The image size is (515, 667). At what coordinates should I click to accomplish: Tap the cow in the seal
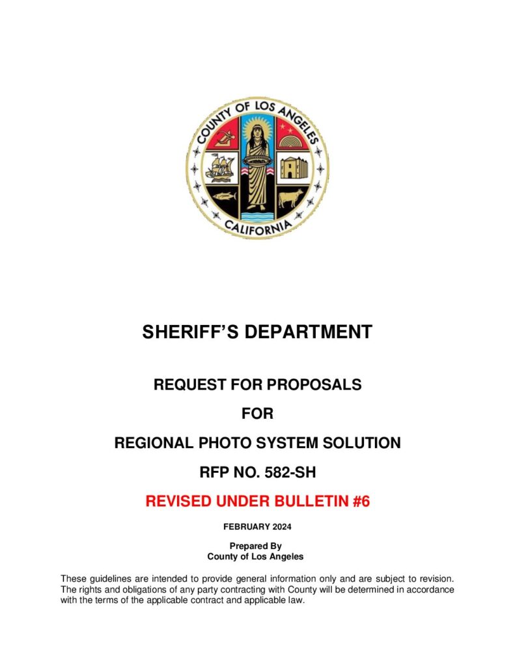point(291,197)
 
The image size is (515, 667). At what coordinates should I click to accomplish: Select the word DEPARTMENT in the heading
point(309,332)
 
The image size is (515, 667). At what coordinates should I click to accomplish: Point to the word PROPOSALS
point(313,385)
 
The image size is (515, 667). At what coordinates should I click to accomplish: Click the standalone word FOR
point(257,414)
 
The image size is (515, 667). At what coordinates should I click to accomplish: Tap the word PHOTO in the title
point(225,444)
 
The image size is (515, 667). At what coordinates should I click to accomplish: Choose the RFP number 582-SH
point(285,473)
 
